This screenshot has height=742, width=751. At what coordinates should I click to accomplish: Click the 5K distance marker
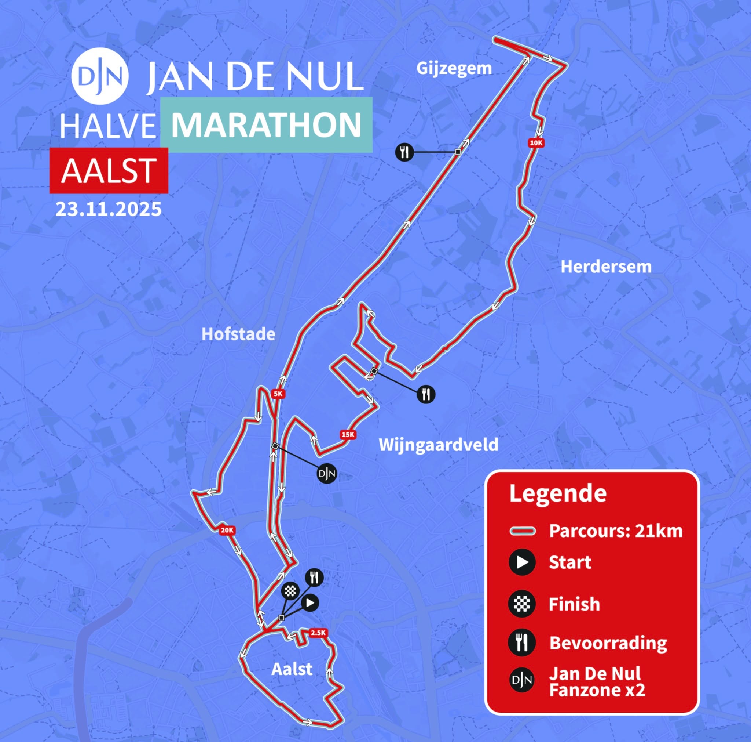tap(278, 394)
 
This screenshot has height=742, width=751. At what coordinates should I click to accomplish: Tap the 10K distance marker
tap(536, 143)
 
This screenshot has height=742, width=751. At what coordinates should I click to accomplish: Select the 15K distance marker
tap(348, 435)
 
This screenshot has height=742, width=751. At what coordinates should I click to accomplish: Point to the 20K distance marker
tap(227, 530)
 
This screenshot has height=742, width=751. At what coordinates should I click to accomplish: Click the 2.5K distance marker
tap(318, 633)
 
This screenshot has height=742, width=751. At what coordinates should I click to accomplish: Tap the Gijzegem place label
tap(454, 69)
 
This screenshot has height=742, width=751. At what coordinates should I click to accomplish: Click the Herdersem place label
tap(606, 267)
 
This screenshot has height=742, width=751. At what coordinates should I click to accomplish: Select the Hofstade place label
tap(238, 334)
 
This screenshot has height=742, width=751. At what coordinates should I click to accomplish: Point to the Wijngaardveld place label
tap(439, 445)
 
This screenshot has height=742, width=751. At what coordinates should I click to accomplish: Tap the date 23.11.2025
tap(109, 209)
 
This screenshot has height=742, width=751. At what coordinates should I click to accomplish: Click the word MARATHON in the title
tap(267, 125)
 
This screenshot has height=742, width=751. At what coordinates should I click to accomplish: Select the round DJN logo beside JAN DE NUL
tap(100, 76)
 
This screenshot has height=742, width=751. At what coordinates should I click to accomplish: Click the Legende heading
tap(558, 493)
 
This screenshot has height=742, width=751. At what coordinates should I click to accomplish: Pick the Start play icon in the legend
tap(522, 562)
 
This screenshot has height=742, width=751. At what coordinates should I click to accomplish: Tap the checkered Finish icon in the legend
tap(522, 604)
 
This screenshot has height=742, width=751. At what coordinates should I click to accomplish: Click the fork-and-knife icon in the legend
tap(522, 643)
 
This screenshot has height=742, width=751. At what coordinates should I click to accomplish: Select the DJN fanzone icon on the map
tap(327, 474)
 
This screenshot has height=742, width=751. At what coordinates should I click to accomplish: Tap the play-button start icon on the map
tap(310, 603)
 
